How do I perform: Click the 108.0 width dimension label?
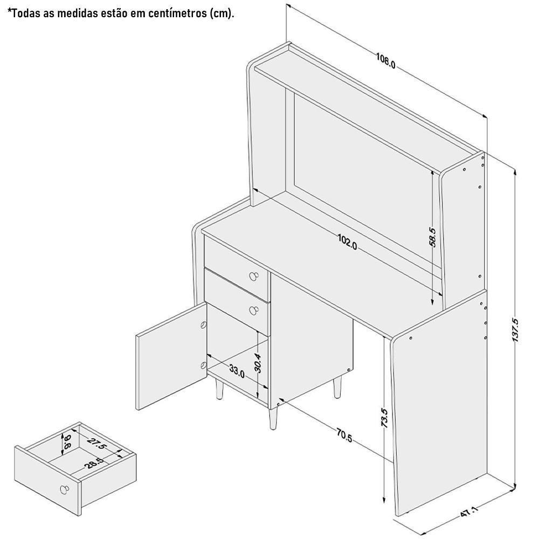pos(385,60)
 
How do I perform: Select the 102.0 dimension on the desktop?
pos(347,241)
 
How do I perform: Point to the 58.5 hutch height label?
pos(432,237)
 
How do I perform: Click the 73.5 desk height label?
pos(385,418)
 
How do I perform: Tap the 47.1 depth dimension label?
pos(469,512)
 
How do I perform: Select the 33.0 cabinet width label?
pos(237,371)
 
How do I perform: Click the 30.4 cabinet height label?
pos(258,363)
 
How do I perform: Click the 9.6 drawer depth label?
pos(67,442)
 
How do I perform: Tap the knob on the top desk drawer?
pos(254,275)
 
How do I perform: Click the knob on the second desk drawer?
pos(254,310)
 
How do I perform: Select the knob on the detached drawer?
pos(64,489)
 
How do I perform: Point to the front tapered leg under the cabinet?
pos(273,416)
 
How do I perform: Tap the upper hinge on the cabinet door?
pos(203,324)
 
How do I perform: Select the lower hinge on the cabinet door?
pos(203,365)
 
